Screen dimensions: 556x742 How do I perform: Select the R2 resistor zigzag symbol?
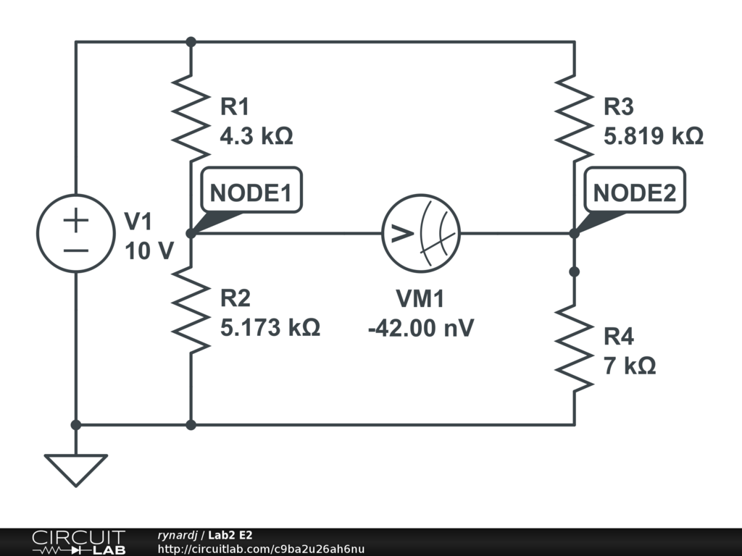[x=191, y=310]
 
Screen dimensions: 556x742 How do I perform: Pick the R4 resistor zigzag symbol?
[x=575, y=348]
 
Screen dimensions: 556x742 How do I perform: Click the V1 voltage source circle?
[x=75, y=234]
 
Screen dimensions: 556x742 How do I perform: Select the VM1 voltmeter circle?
[x=420, y=234]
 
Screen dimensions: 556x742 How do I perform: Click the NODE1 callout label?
[x=251, y=193]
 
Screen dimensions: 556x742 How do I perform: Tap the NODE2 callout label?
[x=635, y=193]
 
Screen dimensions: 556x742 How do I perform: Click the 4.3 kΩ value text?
[x=257, y=136]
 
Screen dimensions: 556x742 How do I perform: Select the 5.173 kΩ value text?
[x=270, y=327]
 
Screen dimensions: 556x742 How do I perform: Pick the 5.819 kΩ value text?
[x=654, y=136]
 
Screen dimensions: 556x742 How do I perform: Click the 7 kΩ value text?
[x=630, y=366]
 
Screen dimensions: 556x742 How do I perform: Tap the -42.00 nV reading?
[x=420, y=327]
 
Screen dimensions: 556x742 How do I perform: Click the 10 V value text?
[x=149, y=251]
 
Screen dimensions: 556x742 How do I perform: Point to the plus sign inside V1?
[x=75, y=221]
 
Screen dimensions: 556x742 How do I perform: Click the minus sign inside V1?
[x=75, y=250]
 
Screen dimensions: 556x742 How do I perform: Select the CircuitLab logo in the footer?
[x=78, y=542]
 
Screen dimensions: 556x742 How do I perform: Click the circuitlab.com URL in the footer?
[x=261, y=549]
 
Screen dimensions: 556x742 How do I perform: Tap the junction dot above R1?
[x=191, y=42]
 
